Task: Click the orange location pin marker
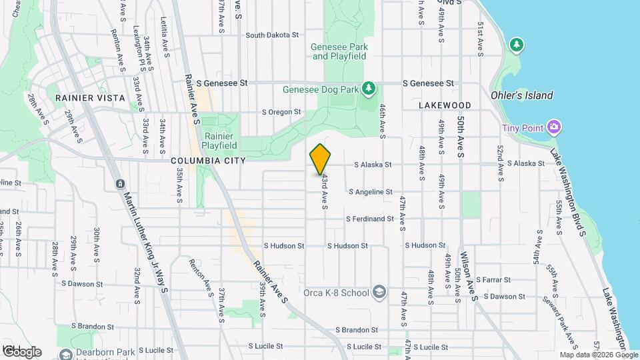coord(321,159)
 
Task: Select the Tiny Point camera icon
coord(553,127)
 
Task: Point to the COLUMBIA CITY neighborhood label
coord(208,161)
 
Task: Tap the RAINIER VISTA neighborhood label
coord(90,98)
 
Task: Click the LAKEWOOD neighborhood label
coord(445,105)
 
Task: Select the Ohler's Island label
coord(521,95)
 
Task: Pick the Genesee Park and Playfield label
coord(339,52)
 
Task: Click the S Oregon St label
coord(281,112)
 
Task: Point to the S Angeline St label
coord(371,192)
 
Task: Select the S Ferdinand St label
coord(369,219)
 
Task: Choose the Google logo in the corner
coord(21,351)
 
